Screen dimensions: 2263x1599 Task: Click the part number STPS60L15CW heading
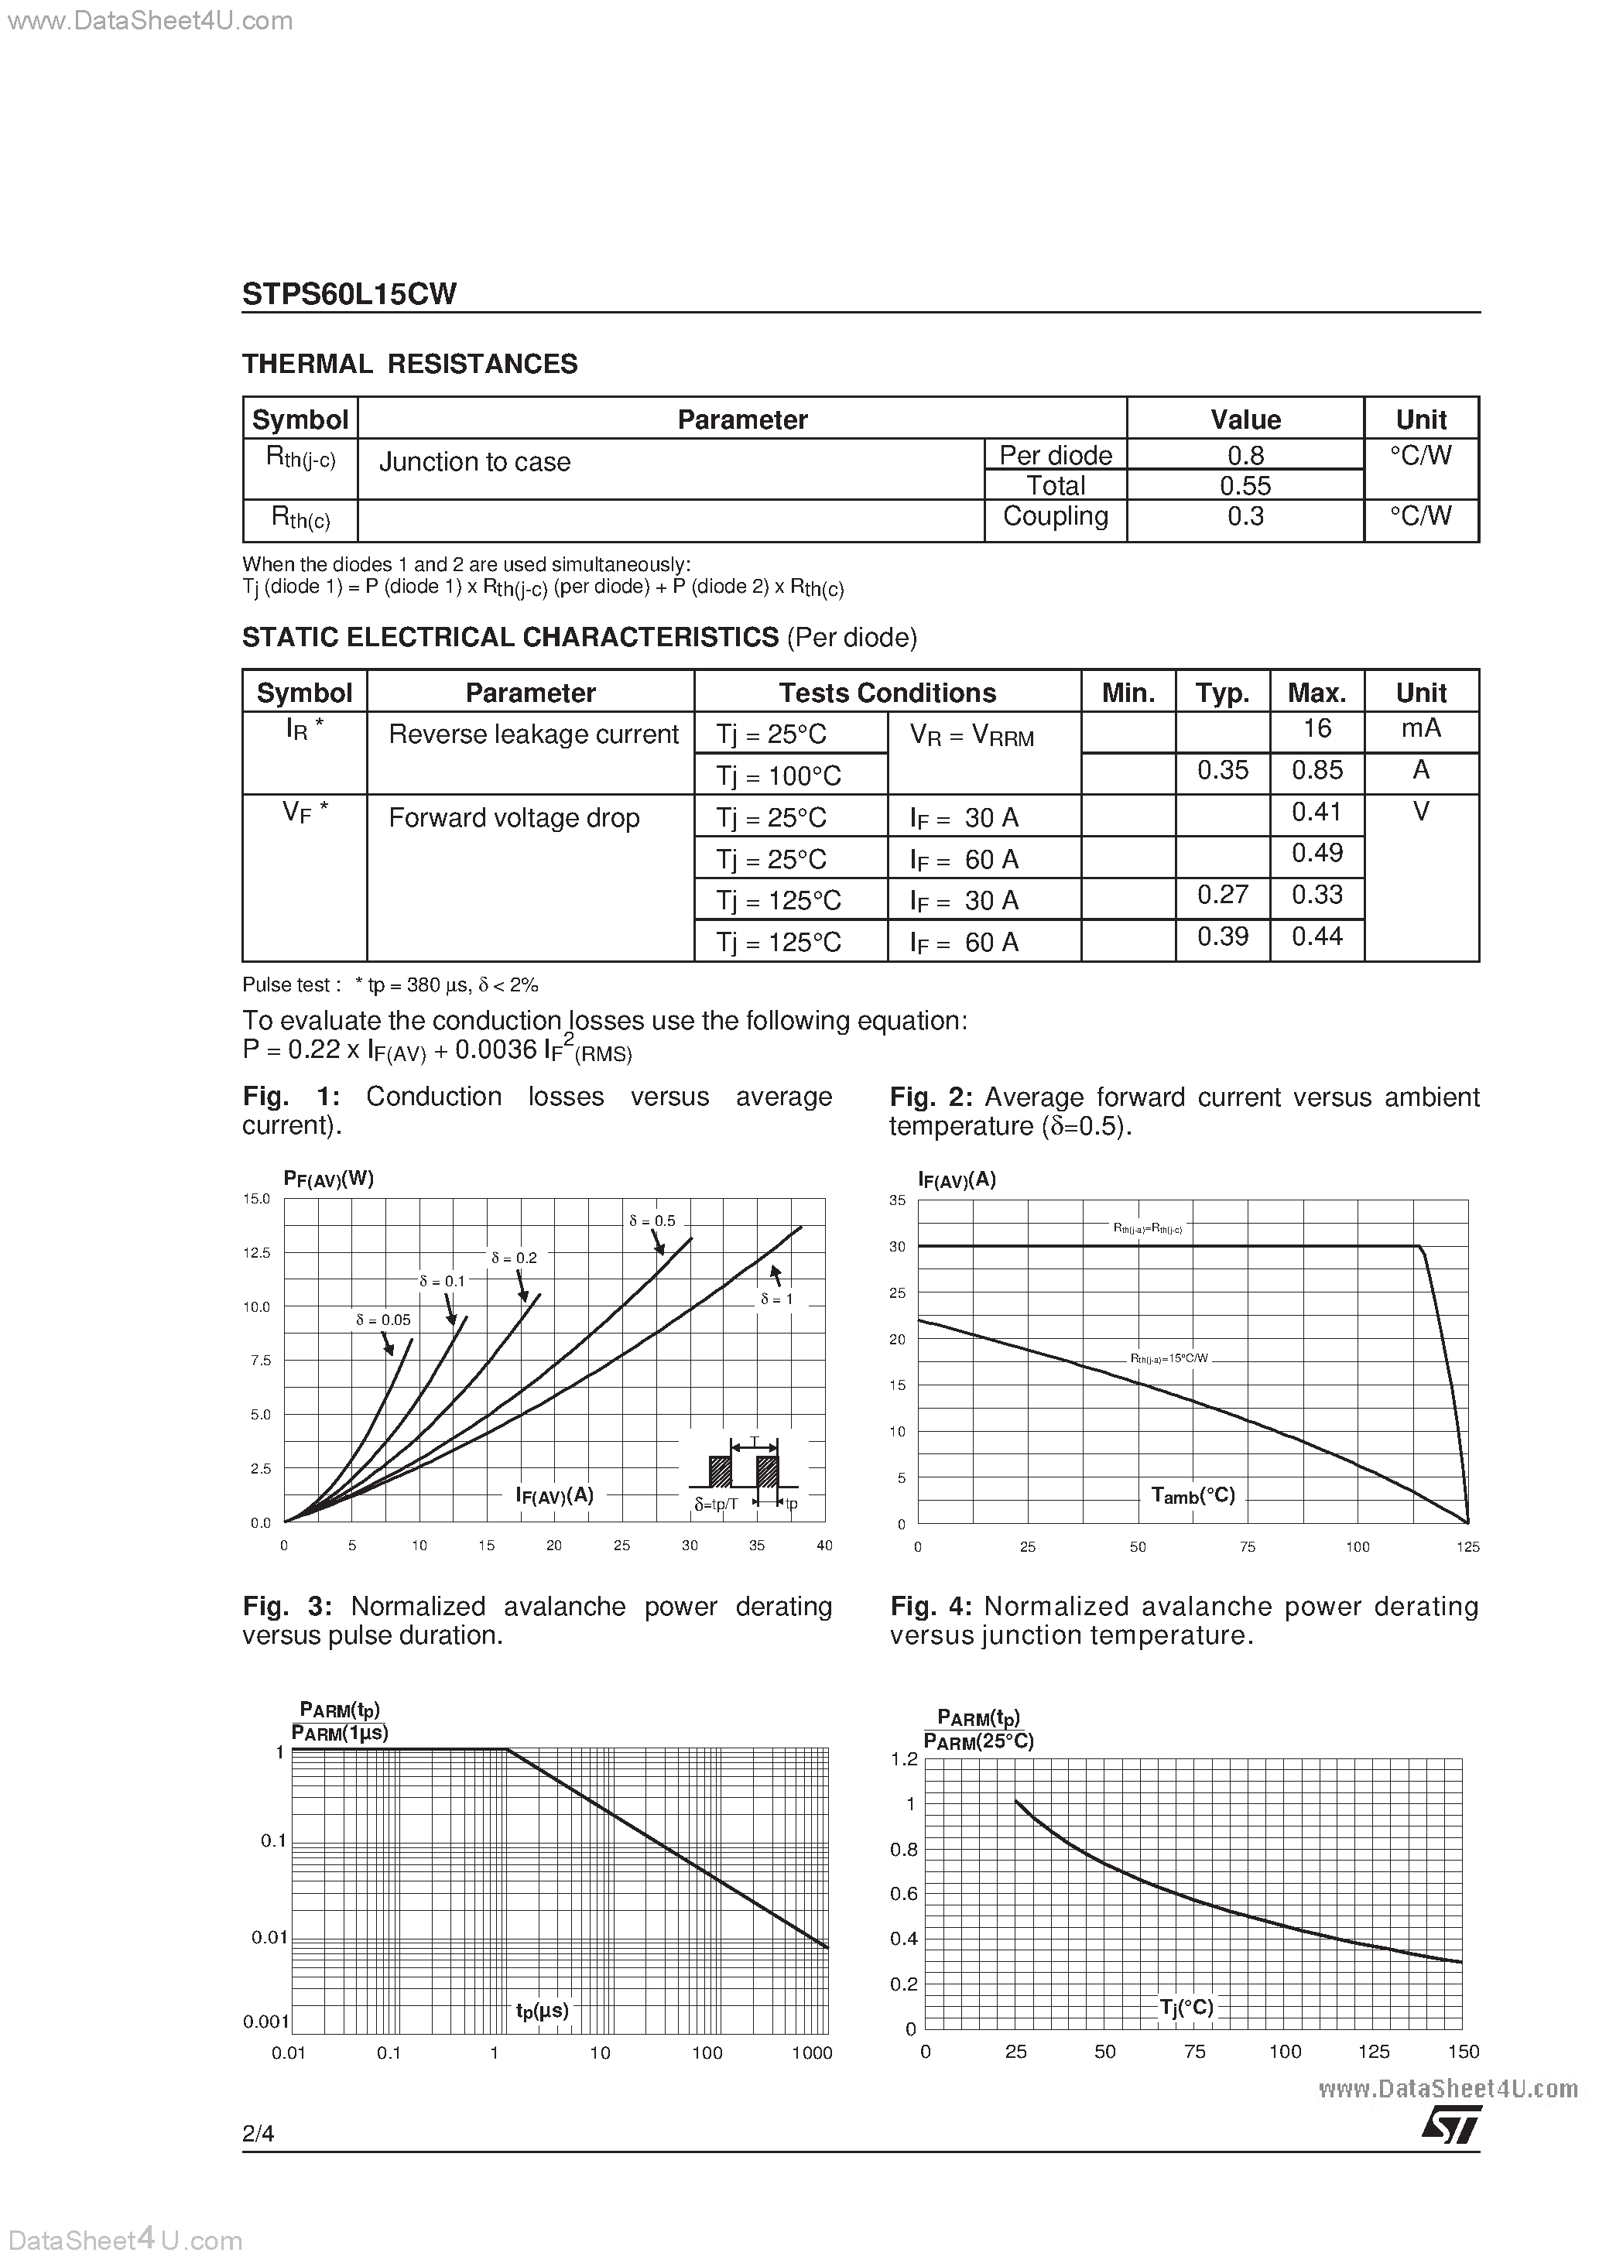349,294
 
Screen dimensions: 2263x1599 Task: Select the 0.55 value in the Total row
1245,485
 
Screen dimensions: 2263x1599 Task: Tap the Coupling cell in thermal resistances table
1055,516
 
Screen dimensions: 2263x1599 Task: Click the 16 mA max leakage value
1317,728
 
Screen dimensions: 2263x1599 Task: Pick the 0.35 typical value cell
1222,770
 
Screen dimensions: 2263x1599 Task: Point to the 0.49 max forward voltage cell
1317,853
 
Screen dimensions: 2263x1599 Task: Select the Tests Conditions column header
887,693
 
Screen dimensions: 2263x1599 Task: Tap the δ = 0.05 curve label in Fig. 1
383,1320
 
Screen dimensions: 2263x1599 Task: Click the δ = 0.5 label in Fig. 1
652,1221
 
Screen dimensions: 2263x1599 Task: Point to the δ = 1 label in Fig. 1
777,1299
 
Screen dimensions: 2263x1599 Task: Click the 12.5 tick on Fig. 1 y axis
256,1253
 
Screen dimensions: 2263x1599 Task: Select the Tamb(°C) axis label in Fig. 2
1193,1495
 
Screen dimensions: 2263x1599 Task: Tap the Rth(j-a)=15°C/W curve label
1169,1358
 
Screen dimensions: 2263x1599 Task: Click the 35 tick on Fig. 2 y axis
897,1200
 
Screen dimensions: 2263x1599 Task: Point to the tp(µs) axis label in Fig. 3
543,2010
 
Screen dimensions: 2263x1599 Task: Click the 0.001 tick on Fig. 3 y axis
266,2022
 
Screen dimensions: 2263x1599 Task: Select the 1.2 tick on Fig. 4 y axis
904,1759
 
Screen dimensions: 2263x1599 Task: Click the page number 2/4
259,2134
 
